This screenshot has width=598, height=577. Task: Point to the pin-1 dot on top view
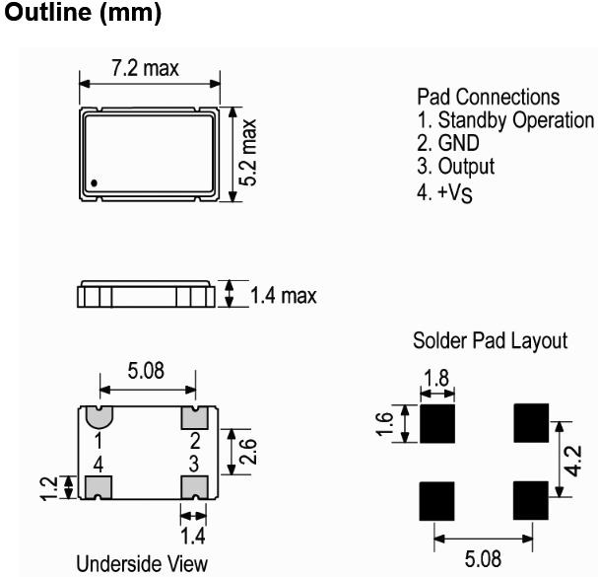(x=95, y=181)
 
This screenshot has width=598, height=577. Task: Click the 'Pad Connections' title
(x=490, y=98)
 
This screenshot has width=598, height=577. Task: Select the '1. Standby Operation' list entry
(x=506, y=120)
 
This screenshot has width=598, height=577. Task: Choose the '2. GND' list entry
(x=445, y=143)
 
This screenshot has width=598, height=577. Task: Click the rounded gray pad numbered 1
(x=99, y=416)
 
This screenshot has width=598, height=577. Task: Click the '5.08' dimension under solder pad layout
(x=483, y=559)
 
